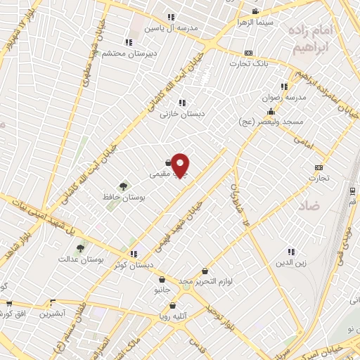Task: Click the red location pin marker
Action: pos(181,165)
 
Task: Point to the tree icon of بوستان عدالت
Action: pos(80,247)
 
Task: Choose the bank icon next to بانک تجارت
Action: pos(248,53)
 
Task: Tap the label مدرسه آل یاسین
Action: pos(169,29)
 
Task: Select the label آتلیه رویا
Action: pos(173,316)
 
